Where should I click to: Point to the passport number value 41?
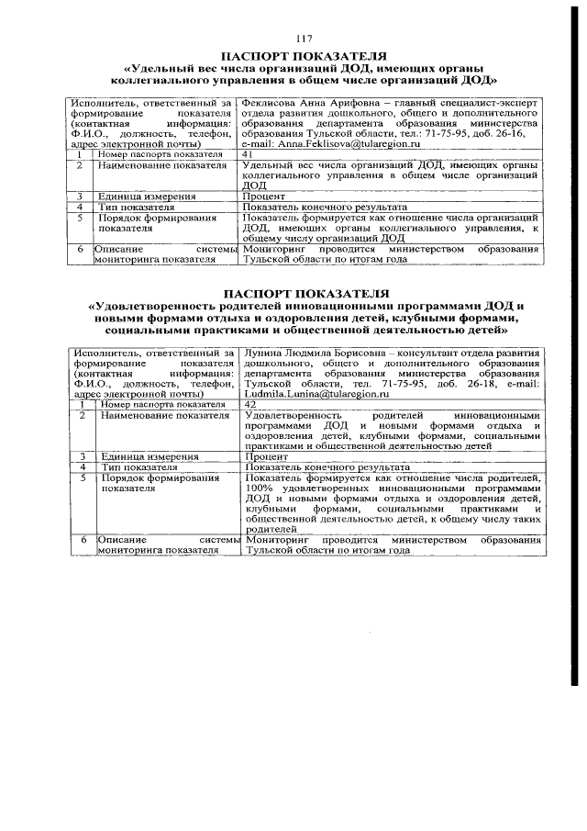click(x=248, y=154)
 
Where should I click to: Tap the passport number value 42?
click(x=250, y=404)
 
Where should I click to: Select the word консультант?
click(x=416, y=353)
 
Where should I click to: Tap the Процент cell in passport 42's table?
click(x=268, y=456)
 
